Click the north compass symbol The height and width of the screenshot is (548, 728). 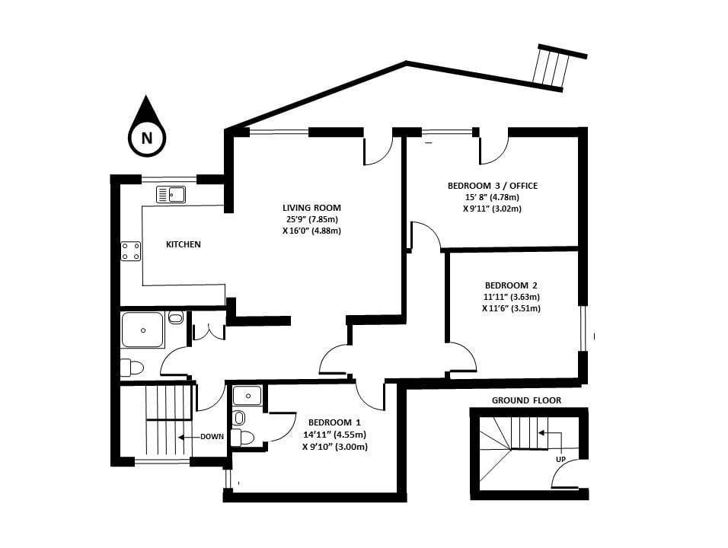(146, 129)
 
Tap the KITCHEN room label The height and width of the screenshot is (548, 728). (184, 244)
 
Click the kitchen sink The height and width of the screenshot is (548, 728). (171, 195)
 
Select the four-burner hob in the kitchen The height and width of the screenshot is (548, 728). (130, 251)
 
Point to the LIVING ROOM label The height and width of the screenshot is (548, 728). (311, 208)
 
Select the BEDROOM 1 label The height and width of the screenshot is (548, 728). (334, 422)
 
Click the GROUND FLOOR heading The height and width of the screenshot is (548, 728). (528, 400)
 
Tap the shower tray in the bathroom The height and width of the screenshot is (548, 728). (142, 330)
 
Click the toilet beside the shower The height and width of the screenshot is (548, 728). (133, 368)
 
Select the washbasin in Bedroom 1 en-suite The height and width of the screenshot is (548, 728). (247, 395)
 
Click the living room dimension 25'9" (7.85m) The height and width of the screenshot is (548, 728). (311, 219)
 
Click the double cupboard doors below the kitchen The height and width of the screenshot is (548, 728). (208, 331)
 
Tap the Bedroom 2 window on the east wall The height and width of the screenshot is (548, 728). (583, 328)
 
